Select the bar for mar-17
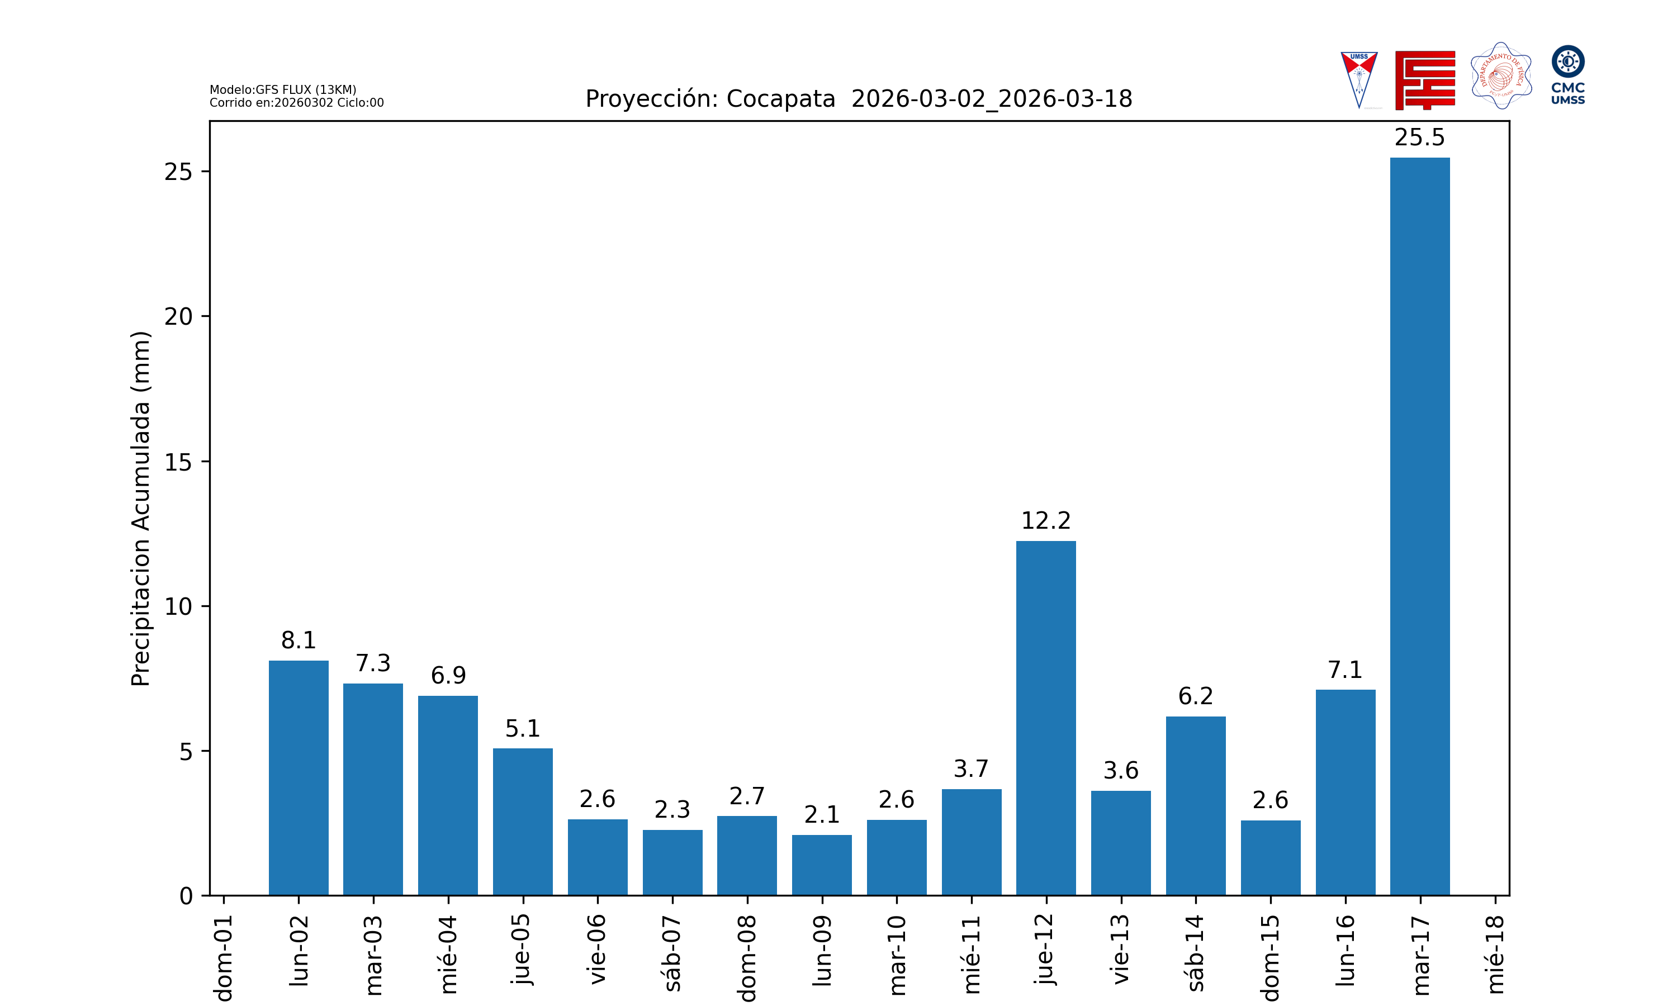click(x=1419, y=526)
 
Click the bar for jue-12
click(x=1045, y=718)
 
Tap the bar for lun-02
click(x=299, y=777)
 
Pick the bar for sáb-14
click(x=1195, y=805)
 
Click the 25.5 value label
click(x=1419, y=137)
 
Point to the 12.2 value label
click(x=1045, y=521)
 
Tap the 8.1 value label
click(x=299, y=640)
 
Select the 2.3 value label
click(x=672, y=809)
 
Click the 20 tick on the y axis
click(x=178, y=316)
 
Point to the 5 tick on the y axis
click(x=186, y=752)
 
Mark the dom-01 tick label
click(x=224, y=957)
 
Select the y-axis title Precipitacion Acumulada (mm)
click(x=140, y=509)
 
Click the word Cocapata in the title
click(x=780, y=99)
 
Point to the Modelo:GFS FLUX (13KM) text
click(x=283, y=89)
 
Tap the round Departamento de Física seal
click(x=1501, y=76)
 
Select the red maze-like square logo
click(x=1425, y=80)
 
